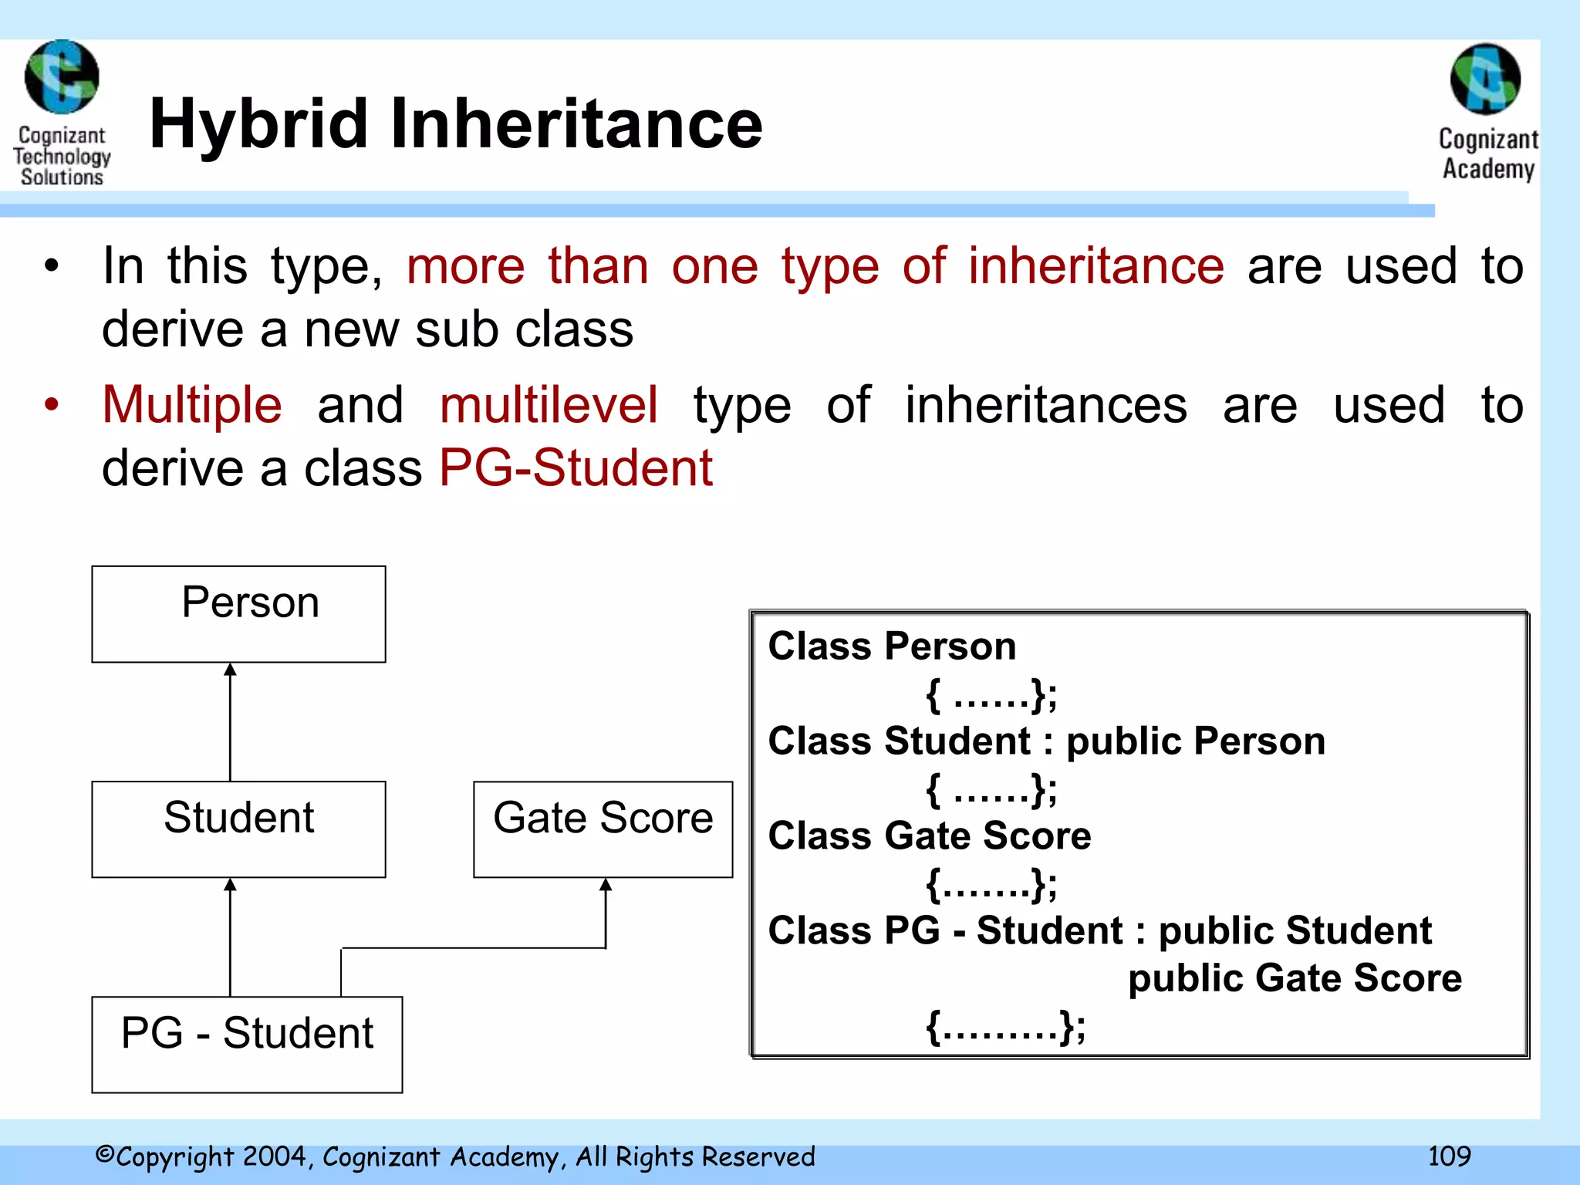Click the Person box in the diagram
[x=238, y=614]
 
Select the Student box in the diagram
[x=238, y=829]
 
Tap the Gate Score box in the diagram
[x=603, y=829]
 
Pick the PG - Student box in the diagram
[x=247, y=1044]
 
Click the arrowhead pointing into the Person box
[x=230, y=670]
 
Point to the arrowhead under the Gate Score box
[x=606, y=886]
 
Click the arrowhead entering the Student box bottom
[x=230, y=886]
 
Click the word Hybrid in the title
[x=258, y=125]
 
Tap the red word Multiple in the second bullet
[x=192, y=405]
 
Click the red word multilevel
[x=549, y=405]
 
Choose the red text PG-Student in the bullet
[x=576, y=468]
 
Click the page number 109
[x=1449, y=1156]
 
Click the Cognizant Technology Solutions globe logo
[x=62, y=77]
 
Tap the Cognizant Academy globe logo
[x=1485, y=79]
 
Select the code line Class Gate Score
[x=929, y=836]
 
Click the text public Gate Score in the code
[x=1294, y=978]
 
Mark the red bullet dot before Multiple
[x=52, y=405]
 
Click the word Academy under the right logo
[x=1488, y=169]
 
